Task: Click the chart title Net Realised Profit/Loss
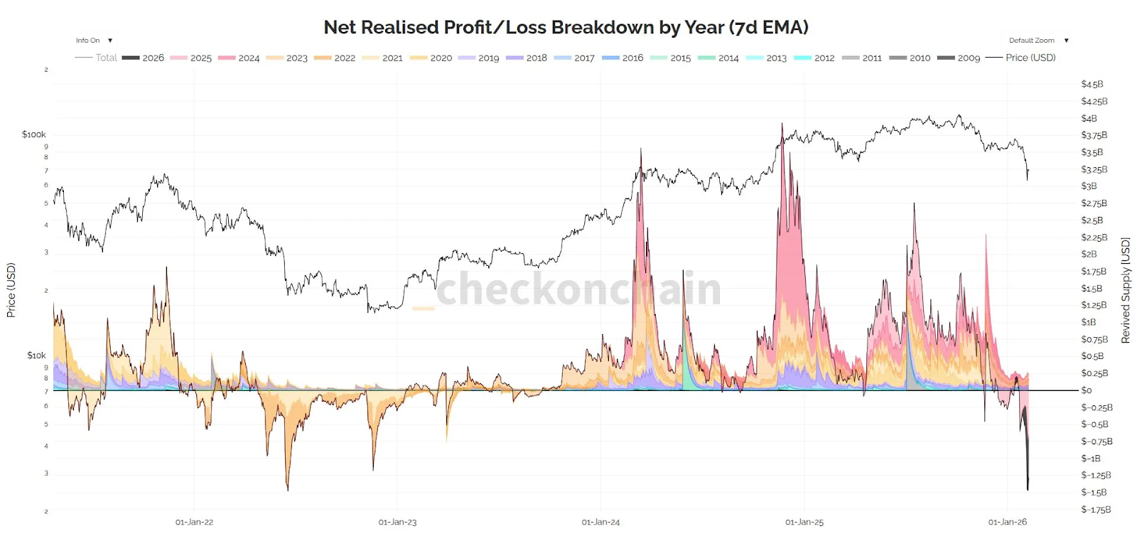pos(566,27)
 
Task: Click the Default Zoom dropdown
pos(1038,41)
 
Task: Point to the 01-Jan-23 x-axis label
pos(397,522)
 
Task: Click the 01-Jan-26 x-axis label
pos(1007,522)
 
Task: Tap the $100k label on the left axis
pos(33,134)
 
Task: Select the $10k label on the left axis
pos(36,355)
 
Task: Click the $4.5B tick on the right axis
pos(1092,84)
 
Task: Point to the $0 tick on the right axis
pos(1087,390)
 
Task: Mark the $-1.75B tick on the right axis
pos(1096,509)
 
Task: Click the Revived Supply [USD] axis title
pos(1125,290)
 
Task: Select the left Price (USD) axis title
pos(11,290)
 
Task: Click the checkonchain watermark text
pos(578,289)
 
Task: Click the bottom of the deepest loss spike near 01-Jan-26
pos(1028,489)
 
